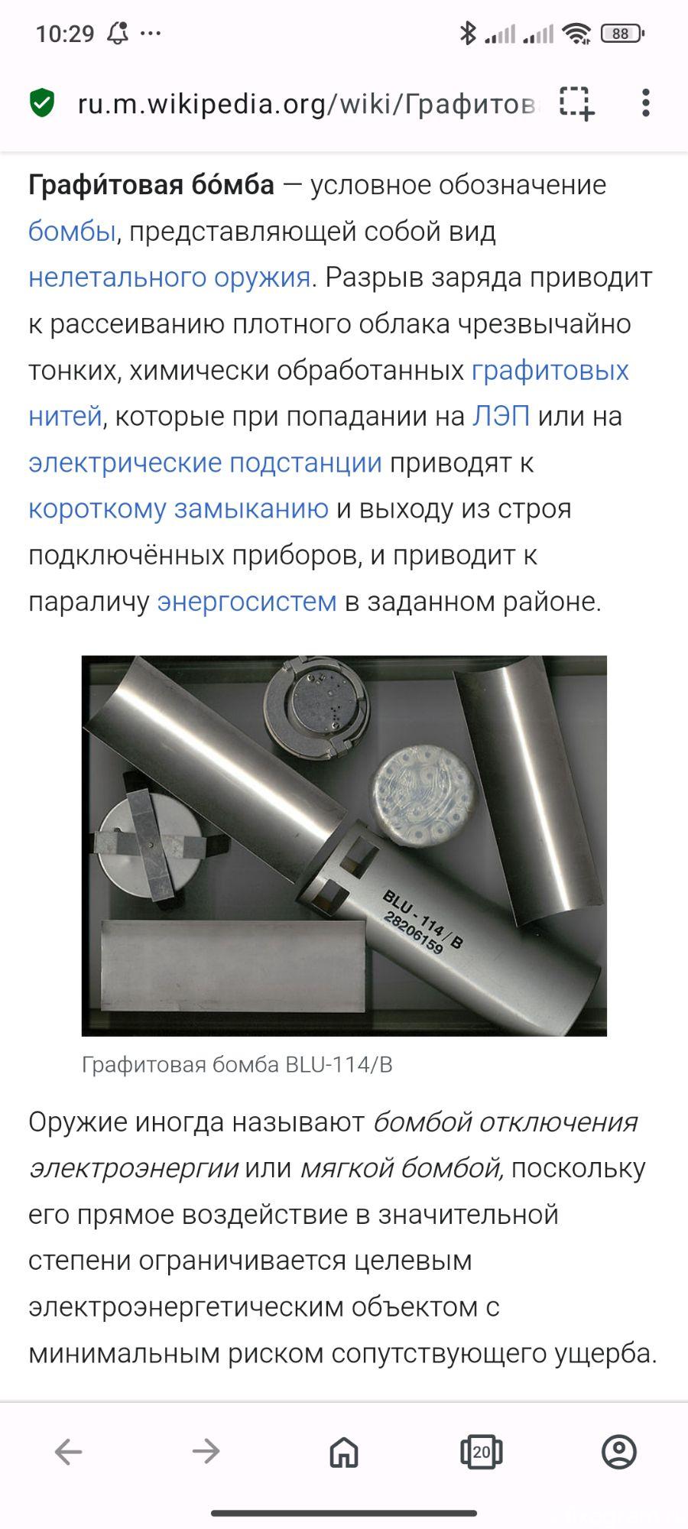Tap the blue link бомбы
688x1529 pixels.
tap(72, 231)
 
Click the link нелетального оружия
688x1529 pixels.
tap(169, 277)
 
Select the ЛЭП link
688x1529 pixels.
tap(501, 416)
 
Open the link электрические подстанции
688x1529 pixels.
tap(205, 463)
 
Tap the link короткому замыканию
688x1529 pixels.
tap(178, 508)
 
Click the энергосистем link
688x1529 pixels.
tap(247, 602)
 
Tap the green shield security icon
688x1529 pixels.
tap(42, 102)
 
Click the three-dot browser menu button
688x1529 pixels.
tap(646, 102)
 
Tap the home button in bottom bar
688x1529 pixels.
tap(344, 1451)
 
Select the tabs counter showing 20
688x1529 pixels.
tap(482, 1451)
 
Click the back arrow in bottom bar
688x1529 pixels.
tap(69, 1451)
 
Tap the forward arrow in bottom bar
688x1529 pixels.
tap(206, 1451)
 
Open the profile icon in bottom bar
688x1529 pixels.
tap(619, 1451)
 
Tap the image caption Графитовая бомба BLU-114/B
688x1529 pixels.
tap(237, 1065)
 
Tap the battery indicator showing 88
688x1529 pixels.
tap(622, 34)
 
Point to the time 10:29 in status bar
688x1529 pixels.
tap(65, 34)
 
